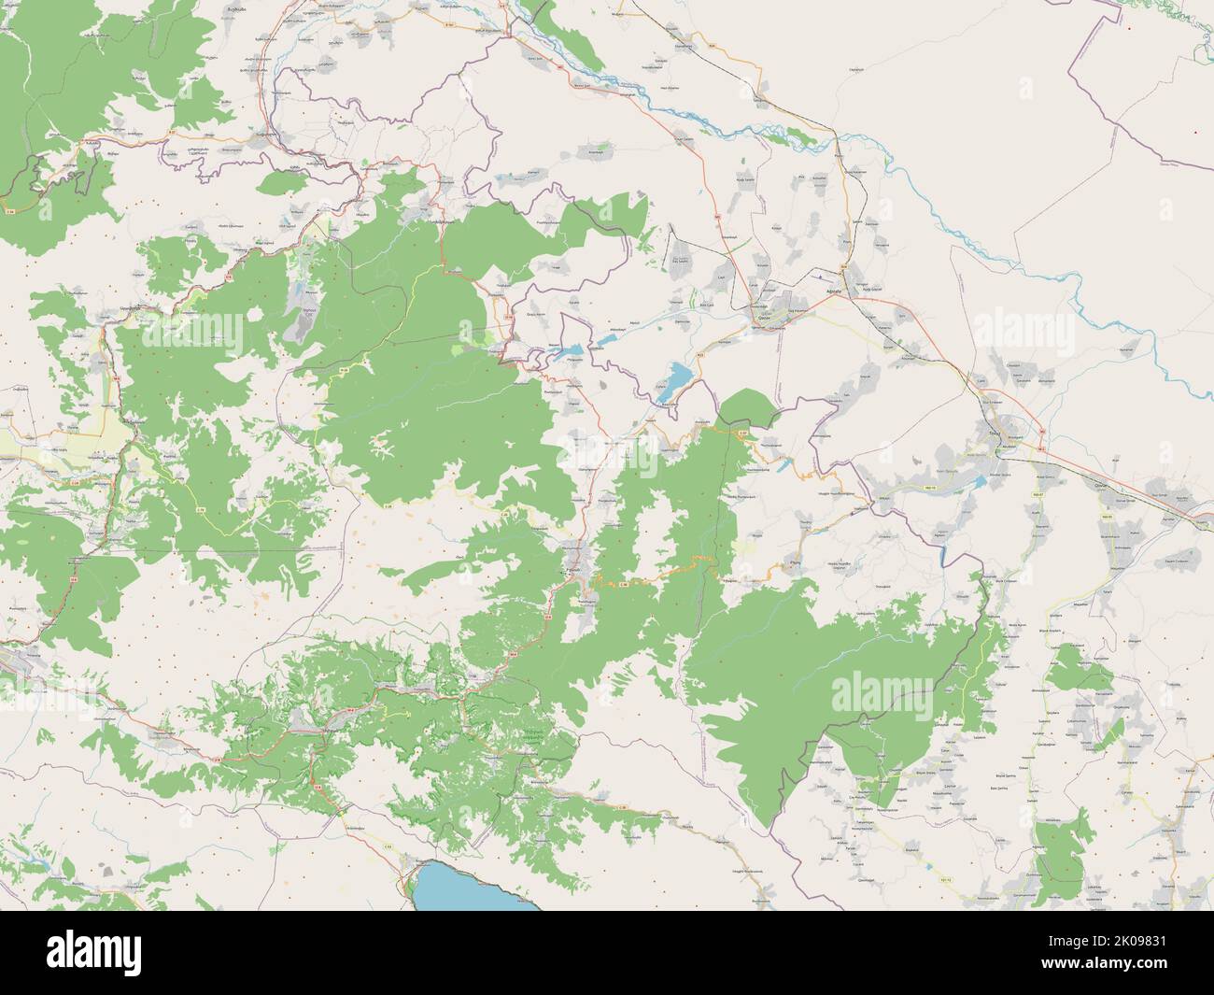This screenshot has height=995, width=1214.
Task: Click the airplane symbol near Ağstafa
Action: coord(819,277)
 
